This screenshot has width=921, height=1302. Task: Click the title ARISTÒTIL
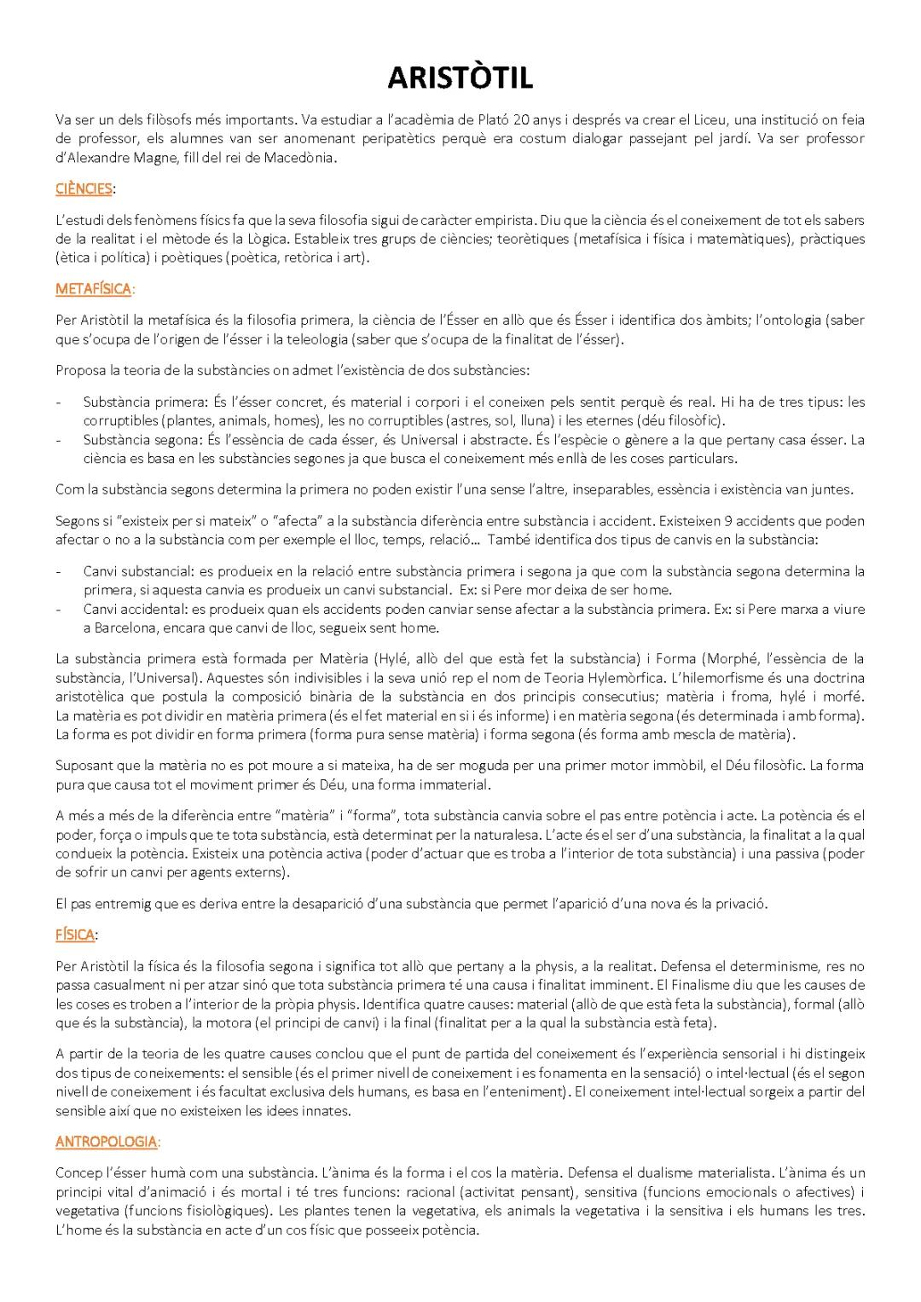460,78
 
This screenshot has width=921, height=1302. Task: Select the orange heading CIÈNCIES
83,188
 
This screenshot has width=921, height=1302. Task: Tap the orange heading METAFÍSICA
93,288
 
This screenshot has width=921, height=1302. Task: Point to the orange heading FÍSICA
74,935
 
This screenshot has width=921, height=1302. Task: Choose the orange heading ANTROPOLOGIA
106,1141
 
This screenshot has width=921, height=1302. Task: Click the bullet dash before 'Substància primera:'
58,402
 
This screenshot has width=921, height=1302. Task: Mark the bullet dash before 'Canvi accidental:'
58,609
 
